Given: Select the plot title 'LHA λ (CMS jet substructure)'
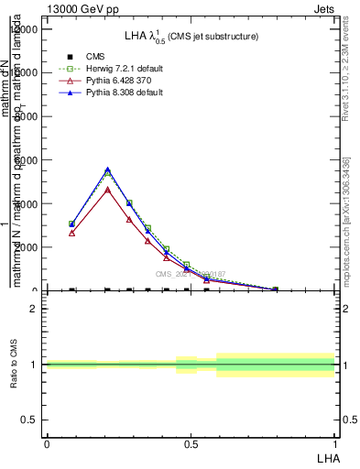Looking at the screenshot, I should [x=191, y=36].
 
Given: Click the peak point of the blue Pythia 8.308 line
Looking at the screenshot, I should [x=108, y=169].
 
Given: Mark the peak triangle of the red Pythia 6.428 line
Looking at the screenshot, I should [x=108, y=190].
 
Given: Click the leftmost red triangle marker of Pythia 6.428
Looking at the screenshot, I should [x=71, y=233].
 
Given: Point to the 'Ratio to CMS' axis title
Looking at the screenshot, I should [x=14, y=377].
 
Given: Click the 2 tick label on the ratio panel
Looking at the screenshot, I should [x=34, y=309].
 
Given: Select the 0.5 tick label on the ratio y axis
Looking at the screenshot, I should [x=29, y=420].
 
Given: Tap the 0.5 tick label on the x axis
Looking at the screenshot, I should [x=191, y=444].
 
